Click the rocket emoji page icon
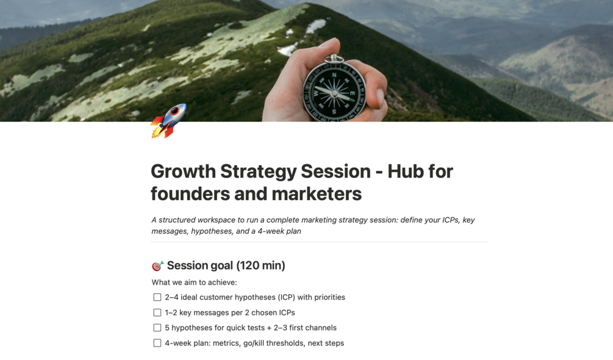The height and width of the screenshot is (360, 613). [168, 121]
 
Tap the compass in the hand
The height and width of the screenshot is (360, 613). [334, 90]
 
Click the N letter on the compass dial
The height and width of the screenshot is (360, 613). [334, 74]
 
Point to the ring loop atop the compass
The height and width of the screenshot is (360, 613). [334, 59]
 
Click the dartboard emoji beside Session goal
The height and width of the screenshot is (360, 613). [157, 266]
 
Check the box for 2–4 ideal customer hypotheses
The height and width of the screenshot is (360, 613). [157, 298]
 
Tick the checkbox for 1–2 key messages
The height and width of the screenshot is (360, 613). [157, 312]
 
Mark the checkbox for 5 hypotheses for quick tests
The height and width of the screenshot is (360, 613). [157, 328]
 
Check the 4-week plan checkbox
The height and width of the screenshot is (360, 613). [157, 343]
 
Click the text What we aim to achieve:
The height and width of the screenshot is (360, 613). [195, 283]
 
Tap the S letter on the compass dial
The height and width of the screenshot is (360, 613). [334, 112]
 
